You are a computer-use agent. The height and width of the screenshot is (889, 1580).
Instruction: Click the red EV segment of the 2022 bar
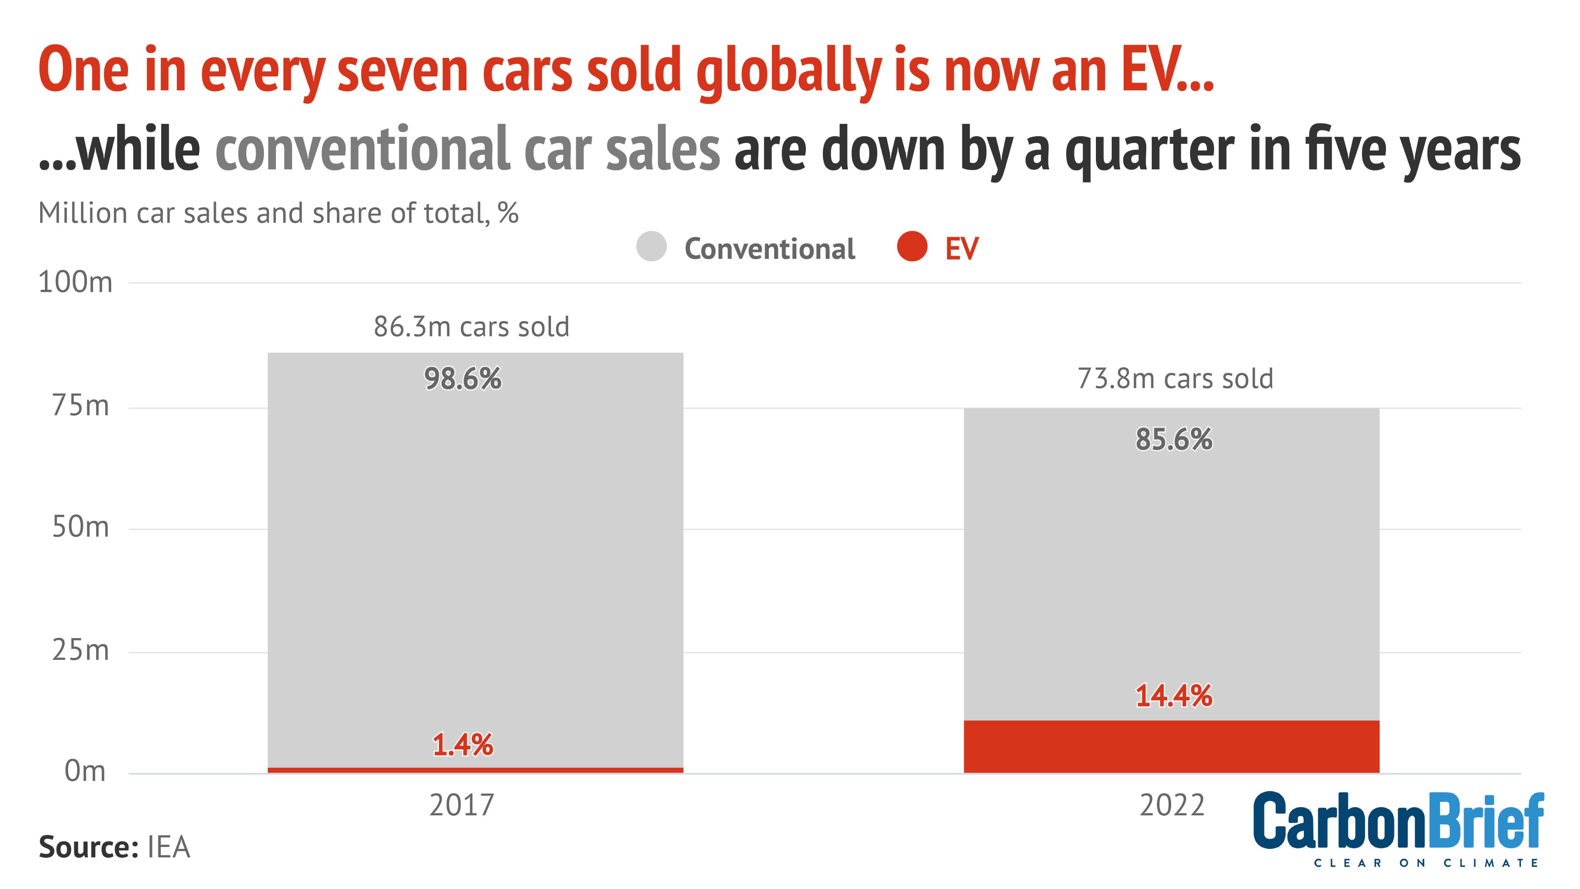1171,746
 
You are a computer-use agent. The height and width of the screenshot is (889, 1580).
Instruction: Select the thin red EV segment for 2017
475,770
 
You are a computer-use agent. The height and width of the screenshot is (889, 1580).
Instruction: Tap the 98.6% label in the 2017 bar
463,379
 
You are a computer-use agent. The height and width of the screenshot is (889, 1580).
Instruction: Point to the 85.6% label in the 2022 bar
1173,439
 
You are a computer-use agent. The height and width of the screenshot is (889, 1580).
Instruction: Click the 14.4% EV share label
1173,696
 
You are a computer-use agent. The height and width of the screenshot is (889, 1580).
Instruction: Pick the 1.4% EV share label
463,745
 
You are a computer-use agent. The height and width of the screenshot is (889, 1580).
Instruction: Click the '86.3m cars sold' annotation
472,327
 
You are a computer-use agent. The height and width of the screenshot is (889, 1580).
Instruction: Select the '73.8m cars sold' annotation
1175,379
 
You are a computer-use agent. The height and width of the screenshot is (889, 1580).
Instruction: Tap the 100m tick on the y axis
76,283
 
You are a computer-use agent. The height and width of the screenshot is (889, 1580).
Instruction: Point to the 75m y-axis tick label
80,406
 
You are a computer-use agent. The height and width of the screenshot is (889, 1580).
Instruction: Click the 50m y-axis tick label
80,527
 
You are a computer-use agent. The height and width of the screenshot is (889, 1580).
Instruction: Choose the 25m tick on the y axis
80,650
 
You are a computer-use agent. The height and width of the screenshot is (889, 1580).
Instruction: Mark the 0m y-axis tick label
85,771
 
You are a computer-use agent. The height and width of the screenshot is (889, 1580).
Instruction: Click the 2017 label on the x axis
462,805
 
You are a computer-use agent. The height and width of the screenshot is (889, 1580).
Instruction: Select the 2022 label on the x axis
1172,805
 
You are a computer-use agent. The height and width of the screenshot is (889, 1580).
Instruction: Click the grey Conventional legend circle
652,247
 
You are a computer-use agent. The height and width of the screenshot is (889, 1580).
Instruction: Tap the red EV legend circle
912,247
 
